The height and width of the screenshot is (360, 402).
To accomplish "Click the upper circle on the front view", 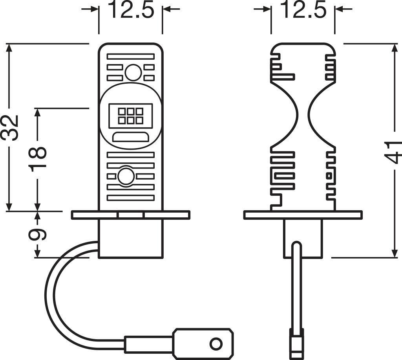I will (133, 72).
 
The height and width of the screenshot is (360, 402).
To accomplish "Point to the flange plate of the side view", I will (302, 215).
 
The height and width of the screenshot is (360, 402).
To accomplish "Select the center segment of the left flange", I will (130, 215).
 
